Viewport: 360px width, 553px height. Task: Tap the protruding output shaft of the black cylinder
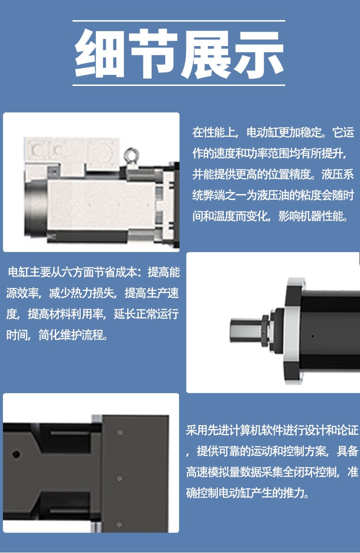246,329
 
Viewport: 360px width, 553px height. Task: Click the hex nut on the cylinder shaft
265,329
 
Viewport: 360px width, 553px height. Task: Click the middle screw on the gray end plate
120,478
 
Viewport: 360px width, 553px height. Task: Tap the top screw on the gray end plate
120,432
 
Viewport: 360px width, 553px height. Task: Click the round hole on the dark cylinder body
16,454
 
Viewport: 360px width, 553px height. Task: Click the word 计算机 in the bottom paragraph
235,430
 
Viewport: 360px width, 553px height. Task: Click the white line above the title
179,21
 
